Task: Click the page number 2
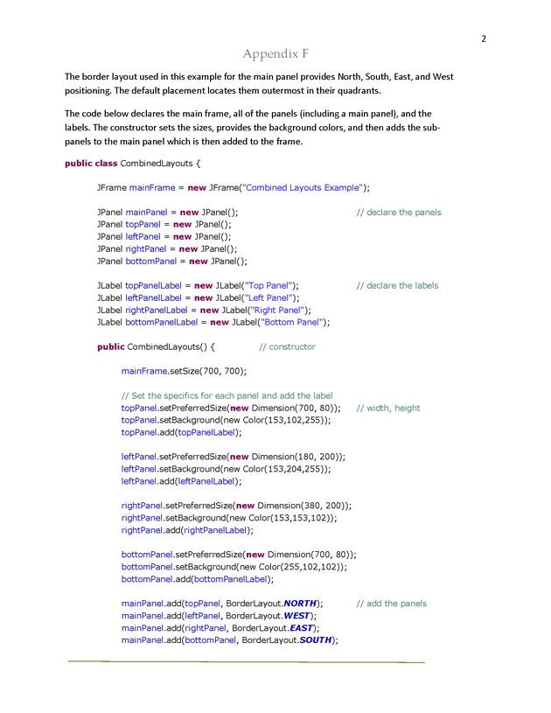coord(483,38)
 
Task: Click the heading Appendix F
coord(275,55)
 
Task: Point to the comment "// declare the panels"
coord(399,213)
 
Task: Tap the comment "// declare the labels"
coord(398,285)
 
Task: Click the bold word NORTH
coord(300,604)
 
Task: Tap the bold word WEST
coord(295,616)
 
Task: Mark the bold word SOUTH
coord(316,640)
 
